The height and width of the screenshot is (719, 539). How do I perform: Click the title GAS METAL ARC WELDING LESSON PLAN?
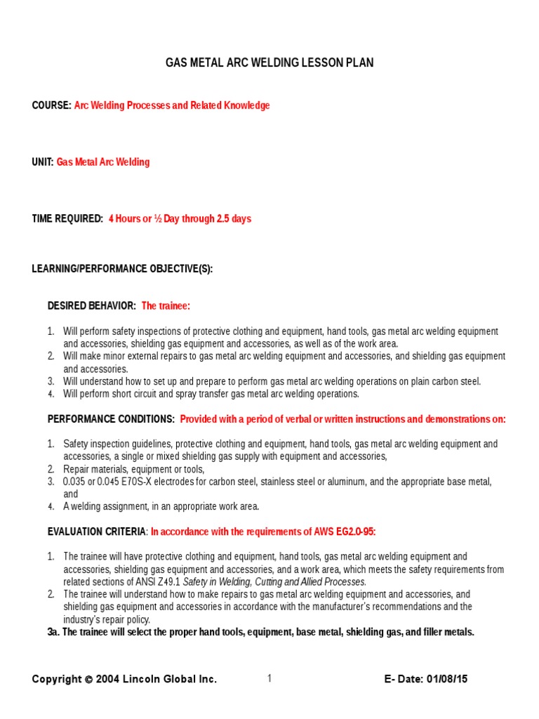point(269,63)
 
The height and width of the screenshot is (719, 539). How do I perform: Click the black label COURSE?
point(51,105)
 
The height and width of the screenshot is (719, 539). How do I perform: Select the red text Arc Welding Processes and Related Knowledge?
point(172,105)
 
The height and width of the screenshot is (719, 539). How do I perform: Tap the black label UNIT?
point(43,162)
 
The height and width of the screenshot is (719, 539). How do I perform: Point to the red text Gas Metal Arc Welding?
point(103,162)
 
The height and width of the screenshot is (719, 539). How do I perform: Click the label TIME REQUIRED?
point(67,219)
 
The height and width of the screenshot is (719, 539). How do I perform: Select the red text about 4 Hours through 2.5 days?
point(180,219)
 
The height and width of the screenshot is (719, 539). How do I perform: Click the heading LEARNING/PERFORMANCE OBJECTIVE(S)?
point(122,269)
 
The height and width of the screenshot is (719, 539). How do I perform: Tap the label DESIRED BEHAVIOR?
point(91,306)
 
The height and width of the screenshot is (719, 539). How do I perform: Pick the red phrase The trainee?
point(166,306)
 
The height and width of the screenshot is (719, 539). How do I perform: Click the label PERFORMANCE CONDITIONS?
point(111,419)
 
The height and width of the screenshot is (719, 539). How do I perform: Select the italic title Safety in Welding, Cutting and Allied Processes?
point(274,582)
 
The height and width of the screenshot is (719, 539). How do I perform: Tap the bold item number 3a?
point(53,632)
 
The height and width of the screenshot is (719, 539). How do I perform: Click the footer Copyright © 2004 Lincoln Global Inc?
point(124,679)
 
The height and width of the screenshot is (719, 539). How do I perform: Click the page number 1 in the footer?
point(269,678)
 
